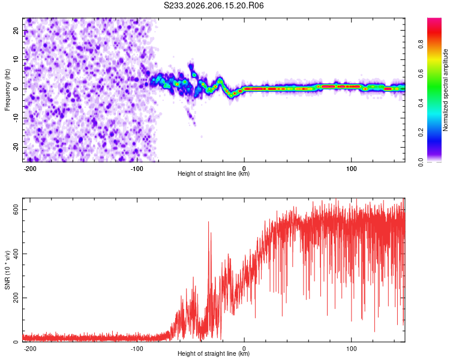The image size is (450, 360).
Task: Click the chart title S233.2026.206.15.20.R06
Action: (x=214, y=5)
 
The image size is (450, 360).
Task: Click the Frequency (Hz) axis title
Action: (x=7, y=90)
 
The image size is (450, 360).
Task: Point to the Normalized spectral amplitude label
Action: (x=445, y=90)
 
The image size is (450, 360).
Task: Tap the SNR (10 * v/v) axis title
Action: (x=7, y=270)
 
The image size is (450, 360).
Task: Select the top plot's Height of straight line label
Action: (x=214, y=173)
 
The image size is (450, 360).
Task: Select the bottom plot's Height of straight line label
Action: (x=214, y=353)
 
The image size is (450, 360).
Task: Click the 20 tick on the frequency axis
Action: (x=16, y=30)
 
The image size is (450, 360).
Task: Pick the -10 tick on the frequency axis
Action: (x=16, y=118)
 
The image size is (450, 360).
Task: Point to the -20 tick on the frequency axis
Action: (x=16, y=147)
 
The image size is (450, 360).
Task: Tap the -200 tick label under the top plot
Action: (x=29, y=169)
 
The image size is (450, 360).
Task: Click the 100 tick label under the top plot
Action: (x=351, y=169)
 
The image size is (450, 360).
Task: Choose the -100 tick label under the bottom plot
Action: (x=137, y=349)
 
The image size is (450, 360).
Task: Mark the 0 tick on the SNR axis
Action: (x=16, y=342)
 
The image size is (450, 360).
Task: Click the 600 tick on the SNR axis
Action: (x=16, y=210)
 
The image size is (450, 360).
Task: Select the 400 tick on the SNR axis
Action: (x=16, y=254)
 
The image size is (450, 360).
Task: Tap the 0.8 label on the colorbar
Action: (x=421, y=44)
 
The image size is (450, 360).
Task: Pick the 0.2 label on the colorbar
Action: (x=421, y=133)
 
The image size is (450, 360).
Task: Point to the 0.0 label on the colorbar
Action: (x=421, y=162)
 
